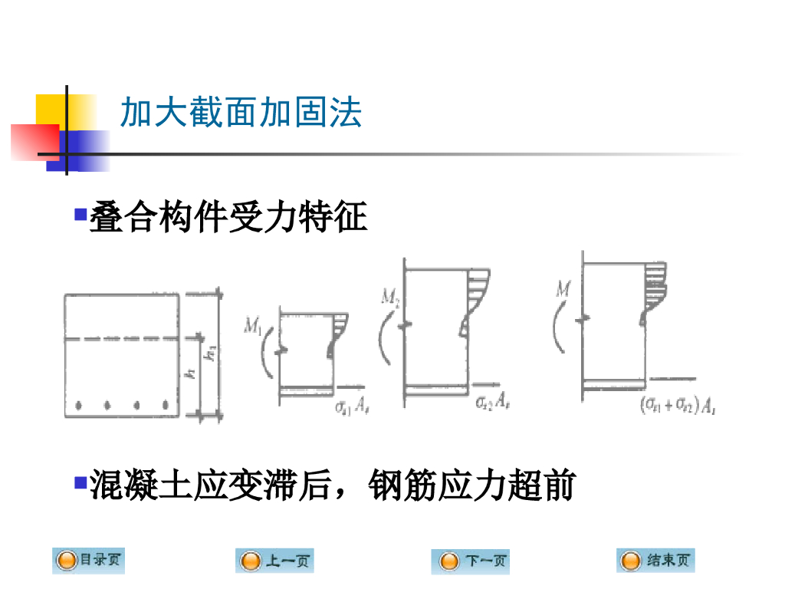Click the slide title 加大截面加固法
click(x=241, y=114)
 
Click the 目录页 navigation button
click(x=88, y=561)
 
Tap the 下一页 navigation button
click(x=470, y=561)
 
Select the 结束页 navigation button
click(x=655, y=561)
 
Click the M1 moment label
click(x=252, y=327)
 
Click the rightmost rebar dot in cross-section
click(x=165, y=404)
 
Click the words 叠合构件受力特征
click(x=228, y=218)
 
